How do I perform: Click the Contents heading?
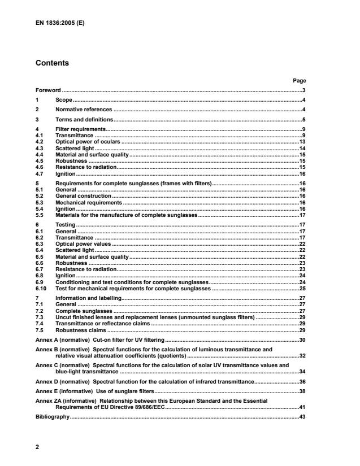[x=52, y=63]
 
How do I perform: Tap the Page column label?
[x=299, y=81]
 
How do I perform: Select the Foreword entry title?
[x=48, y=90]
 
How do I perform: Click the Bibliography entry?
[x=52, y=416]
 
